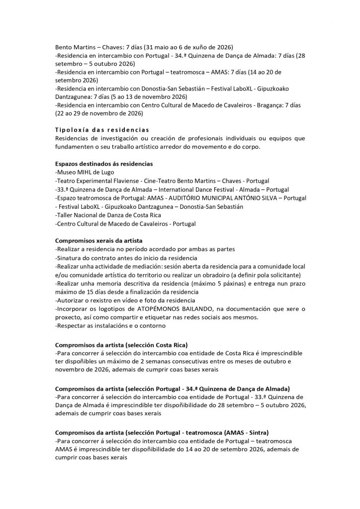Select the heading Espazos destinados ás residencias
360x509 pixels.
103,164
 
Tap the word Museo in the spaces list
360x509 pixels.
68,172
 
